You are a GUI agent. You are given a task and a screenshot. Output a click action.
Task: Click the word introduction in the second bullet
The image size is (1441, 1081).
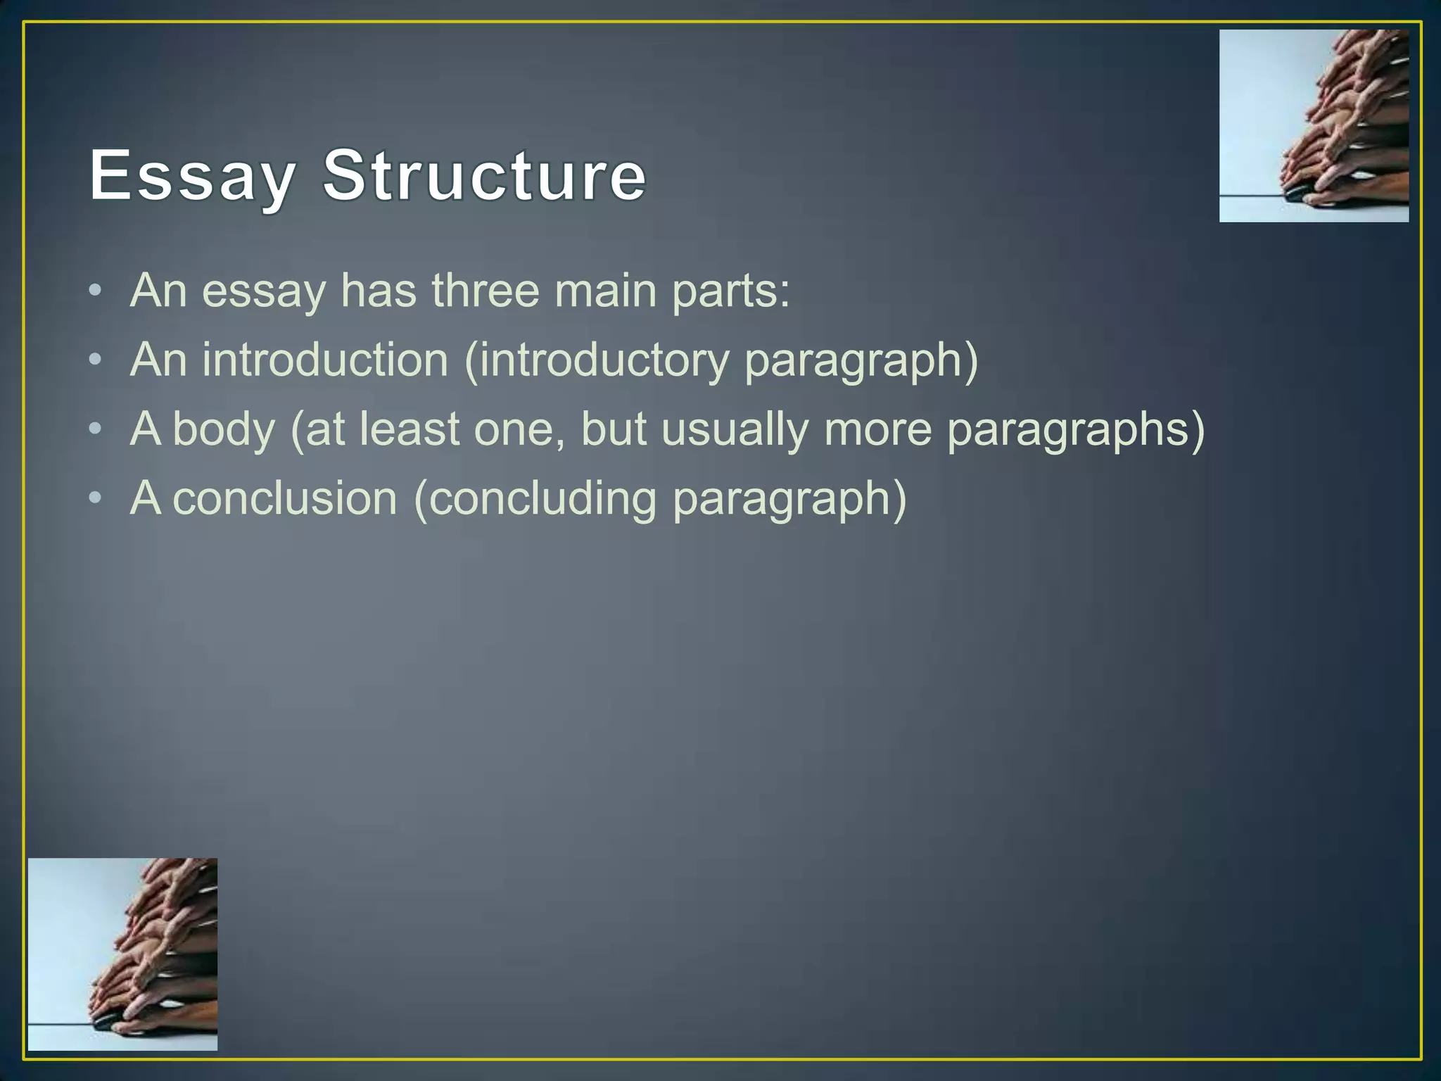(x=325, y=360)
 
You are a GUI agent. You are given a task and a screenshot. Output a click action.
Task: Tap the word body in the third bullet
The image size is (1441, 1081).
(x=224, y=429)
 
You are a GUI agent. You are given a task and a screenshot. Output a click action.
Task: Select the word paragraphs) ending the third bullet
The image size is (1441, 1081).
(x=1076, y=430)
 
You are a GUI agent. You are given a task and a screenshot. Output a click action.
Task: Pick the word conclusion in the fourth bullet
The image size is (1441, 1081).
(x=285, y=498)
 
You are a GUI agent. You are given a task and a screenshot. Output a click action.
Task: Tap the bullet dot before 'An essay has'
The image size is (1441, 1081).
(x=96, y=291)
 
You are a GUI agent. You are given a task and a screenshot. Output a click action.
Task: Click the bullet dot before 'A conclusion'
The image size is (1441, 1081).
(x=96, y=499)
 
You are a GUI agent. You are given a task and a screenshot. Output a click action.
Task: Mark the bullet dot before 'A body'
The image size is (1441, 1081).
(x=96, y=429)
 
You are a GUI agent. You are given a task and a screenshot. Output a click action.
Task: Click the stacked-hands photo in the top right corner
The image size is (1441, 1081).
(x=1314, y=126)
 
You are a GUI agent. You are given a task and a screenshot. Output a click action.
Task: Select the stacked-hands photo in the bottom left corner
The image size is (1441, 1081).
(x=122, y=954)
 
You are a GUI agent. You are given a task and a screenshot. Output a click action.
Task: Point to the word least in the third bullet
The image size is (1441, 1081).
(x=409, y=429)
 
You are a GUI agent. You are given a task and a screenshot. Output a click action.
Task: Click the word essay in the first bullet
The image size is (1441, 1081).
(x=264, y=291)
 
